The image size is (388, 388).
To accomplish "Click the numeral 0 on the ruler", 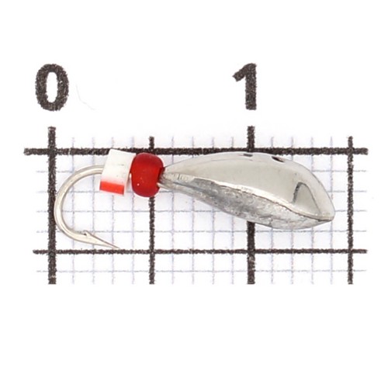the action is click(x=52, y=87).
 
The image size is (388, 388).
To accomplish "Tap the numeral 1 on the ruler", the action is click(x=247, y=87).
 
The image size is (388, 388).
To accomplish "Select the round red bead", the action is click(x=147, y=175).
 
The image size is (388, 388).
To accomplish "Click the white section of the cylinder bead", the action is click(x=117, y=165).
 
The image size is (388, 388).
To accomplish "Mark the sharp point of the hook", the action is click(x=118, y=248).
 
